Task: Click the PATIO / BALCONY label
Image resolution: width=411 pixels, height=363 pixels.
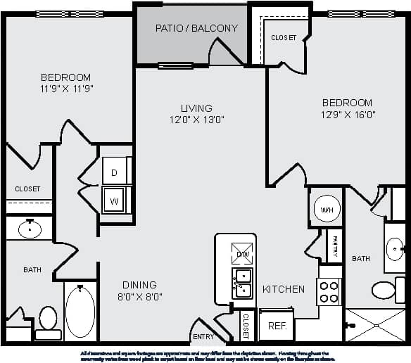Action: point(196,29)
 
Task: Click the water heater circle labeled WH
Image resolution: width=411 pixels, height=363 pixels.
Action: point(326,210)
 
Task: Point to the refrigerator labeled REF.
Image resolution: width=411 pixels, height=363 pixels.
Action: point(276,326)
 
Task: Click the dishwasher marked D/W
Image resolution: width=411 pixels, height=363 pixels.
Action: point(241,253)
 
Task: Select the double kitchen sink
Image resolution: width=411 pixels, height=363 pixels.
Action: point(243,283)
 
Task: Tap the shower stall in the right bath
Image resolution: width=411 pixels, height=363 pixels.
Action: point(375,326)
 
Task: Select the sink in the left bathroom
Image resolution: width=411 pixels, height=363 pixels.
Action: point(30,228)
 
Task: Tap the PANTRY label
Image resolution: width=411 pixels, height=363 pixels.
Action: point(336,246)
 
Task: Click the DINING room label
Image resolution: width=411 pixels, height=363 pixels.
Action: point(139,285)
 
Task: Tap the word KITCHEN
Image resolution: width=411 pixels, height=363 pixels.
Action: point(284,289)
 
